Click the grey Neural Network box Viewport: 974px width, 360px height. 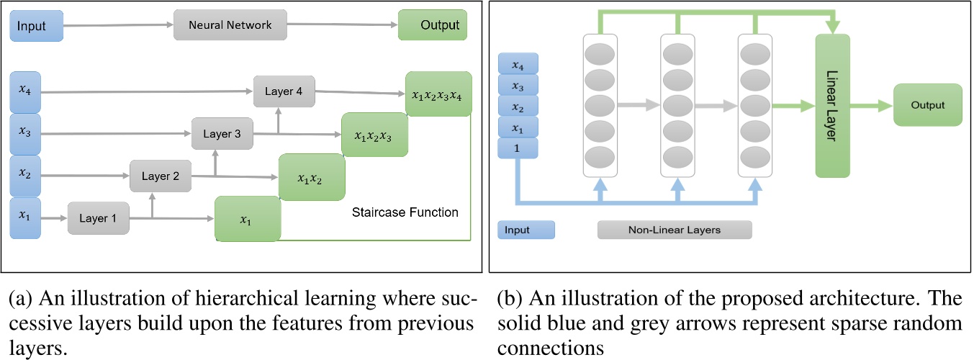(x=230, y=25)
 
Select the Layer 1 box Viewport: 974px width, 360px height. (x=99, y=217)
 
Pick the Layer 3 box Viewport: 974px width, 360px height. (x=222, y=134)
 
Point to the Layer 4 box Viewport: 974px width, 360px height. (x=284, y=91)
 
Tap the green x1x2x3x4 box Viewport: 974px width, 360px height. (x=438, y=94)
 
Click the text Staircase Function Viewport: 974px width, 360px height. (x=405, y=212)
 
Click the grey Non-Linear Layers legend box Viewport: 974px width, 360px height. (x=674, y=230)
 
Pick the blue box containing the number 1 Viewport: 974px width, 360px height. (x=518, y=148)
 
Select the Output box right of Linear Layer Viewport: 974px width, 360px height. (x=927, y=105)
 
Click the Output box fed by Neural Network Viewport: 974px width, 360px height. (x=433, y=25)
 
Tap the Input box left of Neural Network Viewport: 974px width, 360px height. (x=36, y=26)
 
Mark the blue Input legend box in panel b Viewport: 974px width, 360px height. (x=526, y=230)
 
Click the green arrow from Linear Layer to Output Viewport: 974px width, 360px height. (x=872, y=105)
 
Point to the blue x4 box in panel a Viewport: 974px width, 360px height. (x=26, y=92)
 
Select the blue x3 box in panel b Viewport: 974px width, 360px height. (x=518, y=86)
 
